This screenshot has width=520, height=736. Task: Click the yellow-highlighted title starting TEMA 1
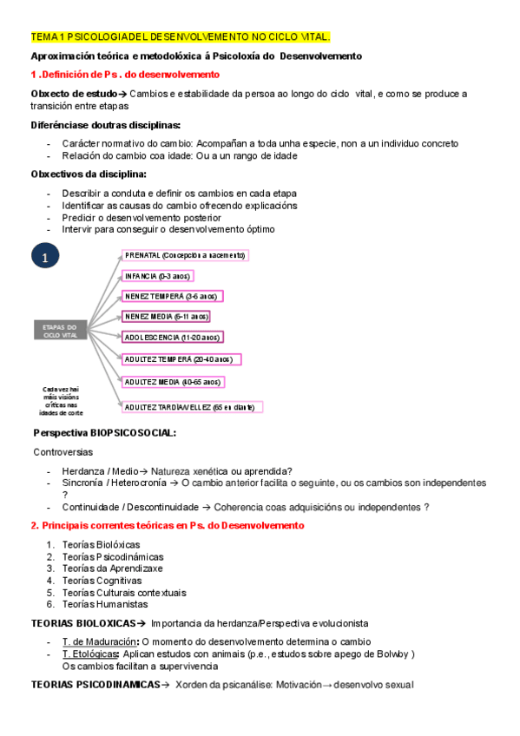180,36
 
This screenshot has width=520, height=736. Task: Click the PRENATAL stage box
185,255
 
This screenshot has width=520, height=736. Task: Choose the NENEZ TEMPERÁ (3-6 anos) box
172,296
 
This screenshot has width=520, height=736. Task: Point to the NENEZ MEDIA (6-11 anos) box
166,317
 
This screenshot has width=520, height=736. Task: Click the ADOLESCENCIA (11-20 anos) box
173,337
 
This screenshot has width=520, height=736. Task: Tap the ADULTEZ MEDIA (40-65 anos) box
172,382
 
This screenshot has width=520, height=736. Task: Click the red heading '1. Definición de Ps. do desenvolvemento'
125,75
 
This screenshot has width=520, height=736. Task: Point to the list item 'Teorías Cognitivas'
100,580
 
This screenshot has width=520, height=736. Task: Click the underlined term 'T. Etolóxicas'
90,654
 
